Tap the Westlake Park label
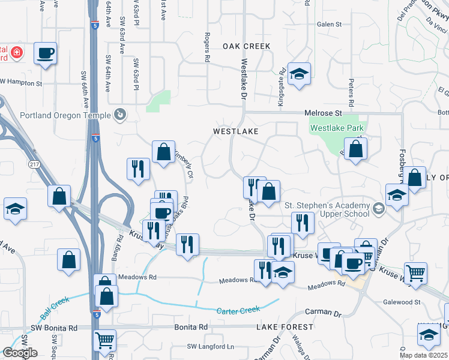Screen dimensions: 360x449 click(x=337, y=127)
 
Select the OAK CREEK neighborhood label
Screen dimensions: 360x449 click(x=247, y=46)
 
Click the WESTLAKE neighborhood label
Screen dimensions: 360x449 click(x=236, y=131)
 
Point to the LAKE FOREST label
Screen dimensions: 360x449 click(x=285, y=327)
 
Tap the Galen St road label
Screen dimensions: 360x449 click(x=329, y=25)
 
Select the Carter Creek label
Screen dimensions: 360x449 click(x=238, y=310)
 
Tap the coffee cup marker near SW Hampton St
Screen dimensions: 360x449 click(x=46, y=53)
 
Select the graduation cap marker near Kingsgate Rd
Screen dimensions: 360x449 click(x=299, y=74)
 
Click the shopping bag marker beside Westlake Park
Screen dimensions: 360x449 click(x=356, y=149)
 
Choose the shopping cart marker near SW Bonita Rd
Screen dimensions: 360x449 click(x=104, y=340)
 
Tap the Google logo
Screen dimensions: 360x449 click(x=20, y=353)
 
